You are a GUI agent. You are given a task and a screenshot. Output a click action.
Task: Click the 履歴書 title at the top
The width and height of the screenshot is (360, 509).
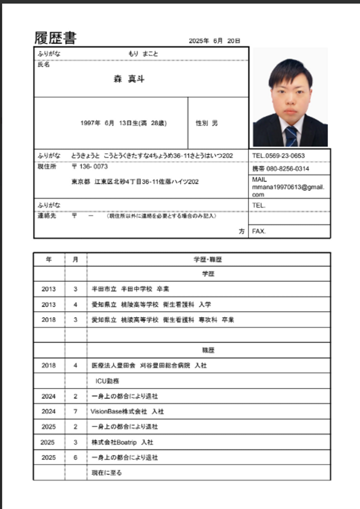coord(55,38)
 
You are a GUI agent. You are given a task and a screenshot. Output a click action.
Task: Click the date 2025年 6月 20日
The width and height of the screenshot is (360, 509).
coord(214,41)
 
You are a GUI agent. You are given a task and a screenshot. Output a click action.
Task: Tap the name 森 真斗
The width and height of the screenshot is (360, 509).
coord(129,79)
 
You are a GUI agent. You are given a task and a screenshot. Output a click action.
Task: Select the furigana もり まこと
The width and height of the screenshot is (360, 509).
coord(143,53)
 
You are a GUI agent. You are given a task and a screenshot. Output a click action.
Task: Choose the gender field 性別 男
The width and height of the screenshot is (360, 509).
coord(207,123)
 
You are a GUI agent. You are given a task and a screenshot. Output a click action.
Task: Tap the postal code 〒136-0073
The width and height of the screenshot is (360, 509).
coord(89,167)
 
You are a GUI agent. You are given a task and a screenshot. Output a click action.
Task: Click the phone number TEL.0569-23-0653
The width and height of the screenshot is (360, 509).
coord(278,156)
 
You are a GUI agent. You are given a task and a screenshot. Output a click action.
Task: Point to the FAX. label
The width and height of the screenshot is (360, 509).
coord(259,231)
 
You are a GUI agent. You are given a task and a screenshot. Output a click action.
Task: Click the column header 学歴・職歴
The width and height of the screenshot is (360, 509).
coord(208,260)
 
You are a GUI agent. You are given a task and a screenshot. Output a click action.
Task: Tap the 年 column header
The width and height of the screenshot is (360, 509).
coord(48,260)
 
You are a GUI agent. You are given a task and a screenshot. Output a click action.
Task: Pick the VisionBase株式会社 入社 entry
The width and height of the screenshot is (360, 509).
coord(127,411)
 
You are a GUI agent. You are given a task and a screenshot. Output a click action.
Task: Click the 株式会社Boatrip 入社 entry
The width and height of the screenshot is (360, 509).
coord(122,442)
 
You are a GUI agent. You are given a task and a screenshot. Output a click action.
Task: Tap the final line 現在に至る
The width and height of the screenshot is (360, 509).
coord(106,472)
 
